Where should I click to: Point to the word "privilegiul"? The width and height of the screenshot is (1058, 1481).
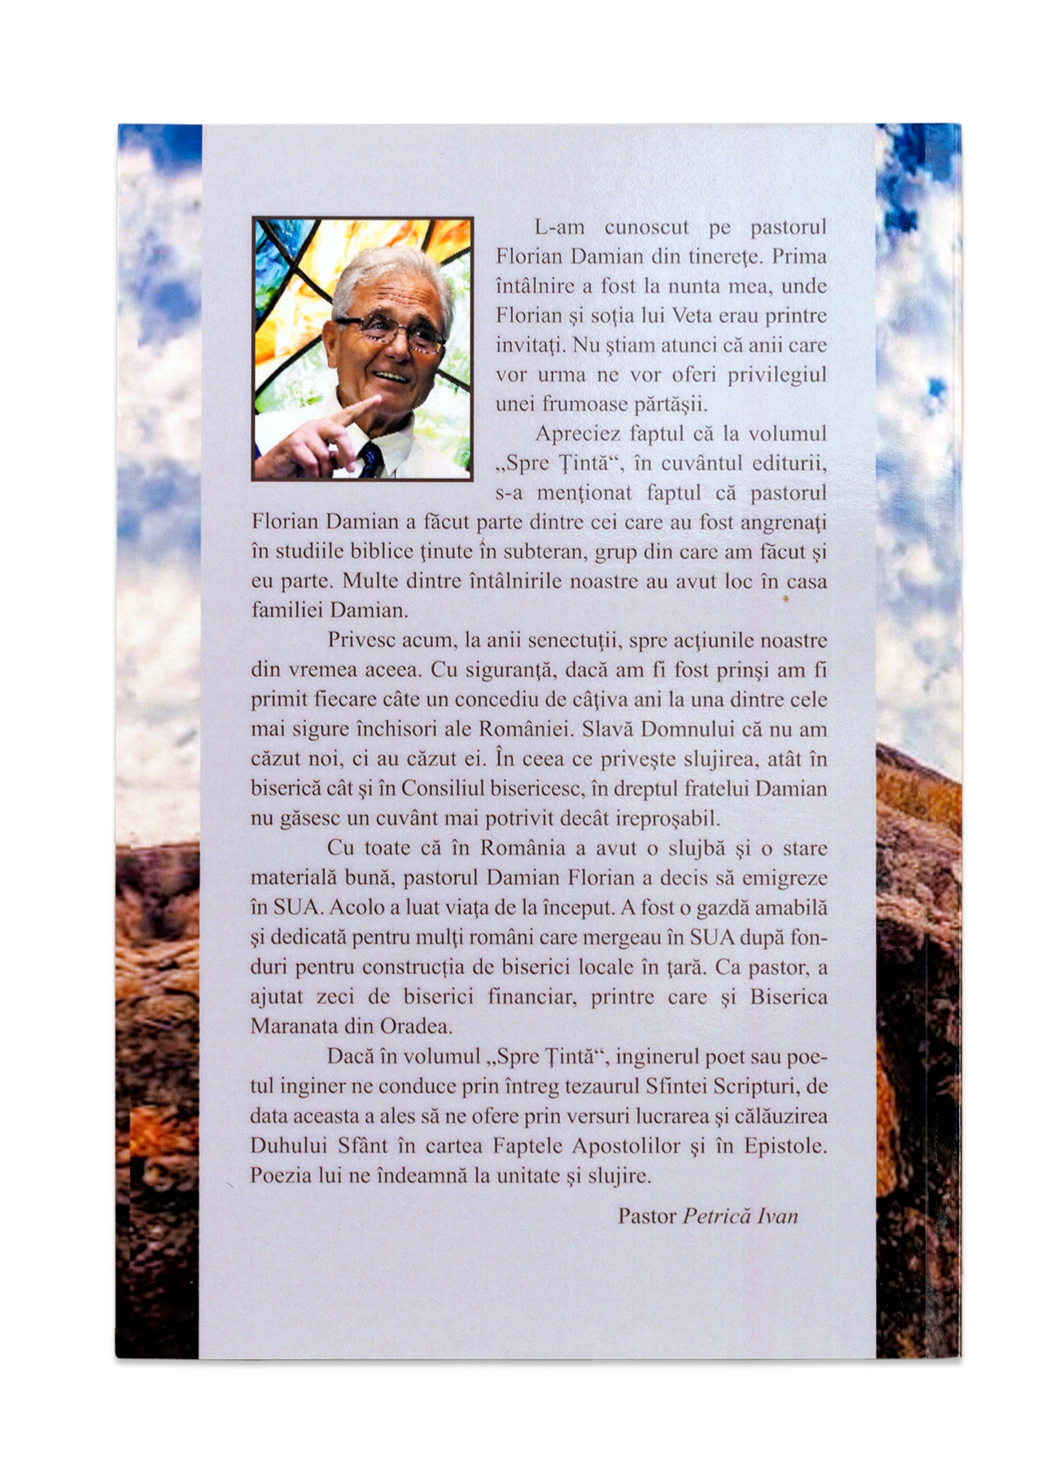tap(775, 375)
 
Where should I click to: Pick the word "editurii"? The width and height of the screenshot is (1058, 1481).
tap(788, 463)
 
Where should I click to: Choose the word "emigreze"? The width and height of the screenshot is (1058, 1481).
tap(786, 878)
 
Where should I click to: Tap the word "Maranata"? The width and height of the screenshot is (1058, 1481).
tap(296, 1025)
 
